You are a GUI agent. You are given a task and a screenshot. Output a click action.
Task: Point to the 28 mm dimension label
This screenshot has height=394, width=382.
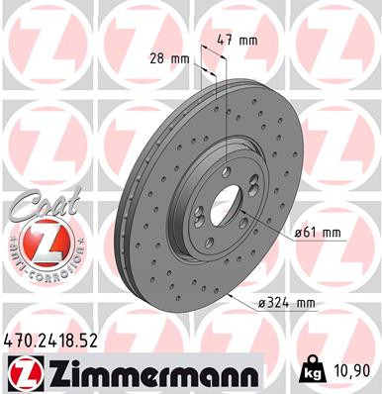click(x=169, y=59)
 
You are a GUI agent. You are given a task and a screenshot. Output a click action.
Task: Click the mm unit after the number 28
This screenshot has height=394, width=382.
click(x=181, y=59)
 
